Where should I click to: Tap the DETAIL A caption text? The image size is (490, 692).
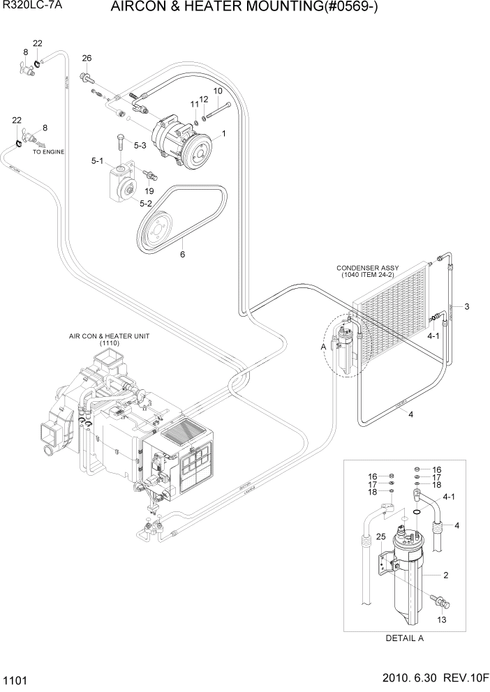click(404, 638)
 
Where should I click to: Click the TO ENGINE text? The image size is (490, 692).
click(48, 151)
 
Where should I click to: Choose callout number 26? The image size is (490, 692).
click(87, 58)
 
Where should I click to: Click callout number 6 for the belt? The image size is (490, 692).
click(183, 255)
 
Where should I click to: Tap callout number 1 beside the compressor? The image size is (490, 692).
click(223, 133)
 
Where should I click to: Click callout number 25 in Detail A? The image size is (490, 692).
click(380, 536)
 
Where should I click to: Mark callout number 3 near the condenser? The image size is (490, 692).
click(466, 306)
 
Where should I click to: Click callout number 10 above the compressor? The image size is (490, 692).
click(218, 91)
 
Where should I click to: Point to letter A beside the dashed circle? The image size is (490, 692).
click(323, 346)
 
